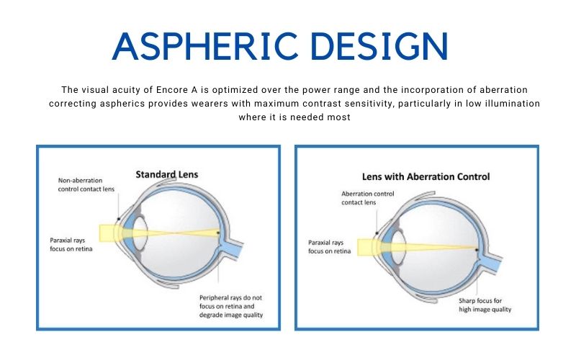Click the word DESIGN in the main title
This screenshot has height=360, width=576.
(379, 46)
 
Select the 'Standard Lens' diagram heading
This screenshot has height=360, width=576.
(167, 174)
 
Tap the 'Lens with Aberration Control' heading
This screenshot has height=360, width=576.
(426, 176)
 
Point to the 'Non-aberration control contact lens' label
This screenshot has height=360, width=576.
(86, 185)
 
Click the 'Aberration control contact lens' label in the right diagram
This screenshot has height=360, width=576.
(368, 198)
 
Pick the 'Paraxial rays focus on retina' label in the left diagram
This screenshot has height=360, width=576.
(71, 245)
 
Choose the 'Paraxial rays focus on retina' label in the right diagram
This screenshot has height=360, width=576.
(330, 247)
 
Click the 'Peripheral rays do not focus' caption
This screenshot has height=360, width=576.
(231, 306)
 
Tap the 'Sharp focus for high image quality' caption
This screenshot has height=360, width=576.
(485, 305)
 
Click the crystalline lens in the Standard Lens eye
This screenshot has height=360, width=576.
(140, 233)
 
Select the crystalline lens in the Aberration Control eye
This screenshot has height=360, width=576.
(398, 247)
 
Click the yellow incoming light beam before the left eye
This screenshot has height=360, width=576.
(107, 233)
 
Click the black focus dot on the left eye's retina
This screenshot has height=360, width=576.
(218, 233)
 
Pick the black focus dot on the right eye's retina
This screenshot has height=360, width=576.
(477, 250)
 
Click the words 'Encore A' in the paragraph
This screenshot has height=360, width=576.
(177, 90)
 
